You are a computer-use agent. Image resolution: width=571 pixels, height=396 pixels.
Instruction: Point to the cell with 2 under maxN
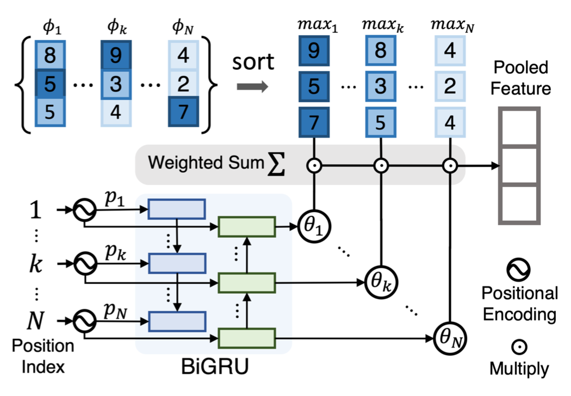point(449,86)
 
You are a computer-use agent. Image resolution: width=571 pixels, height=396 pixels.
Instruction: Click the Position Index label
point(43,356)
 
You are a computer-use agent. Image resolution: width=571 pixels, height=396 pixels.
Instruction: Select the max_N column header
point(449,24)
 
